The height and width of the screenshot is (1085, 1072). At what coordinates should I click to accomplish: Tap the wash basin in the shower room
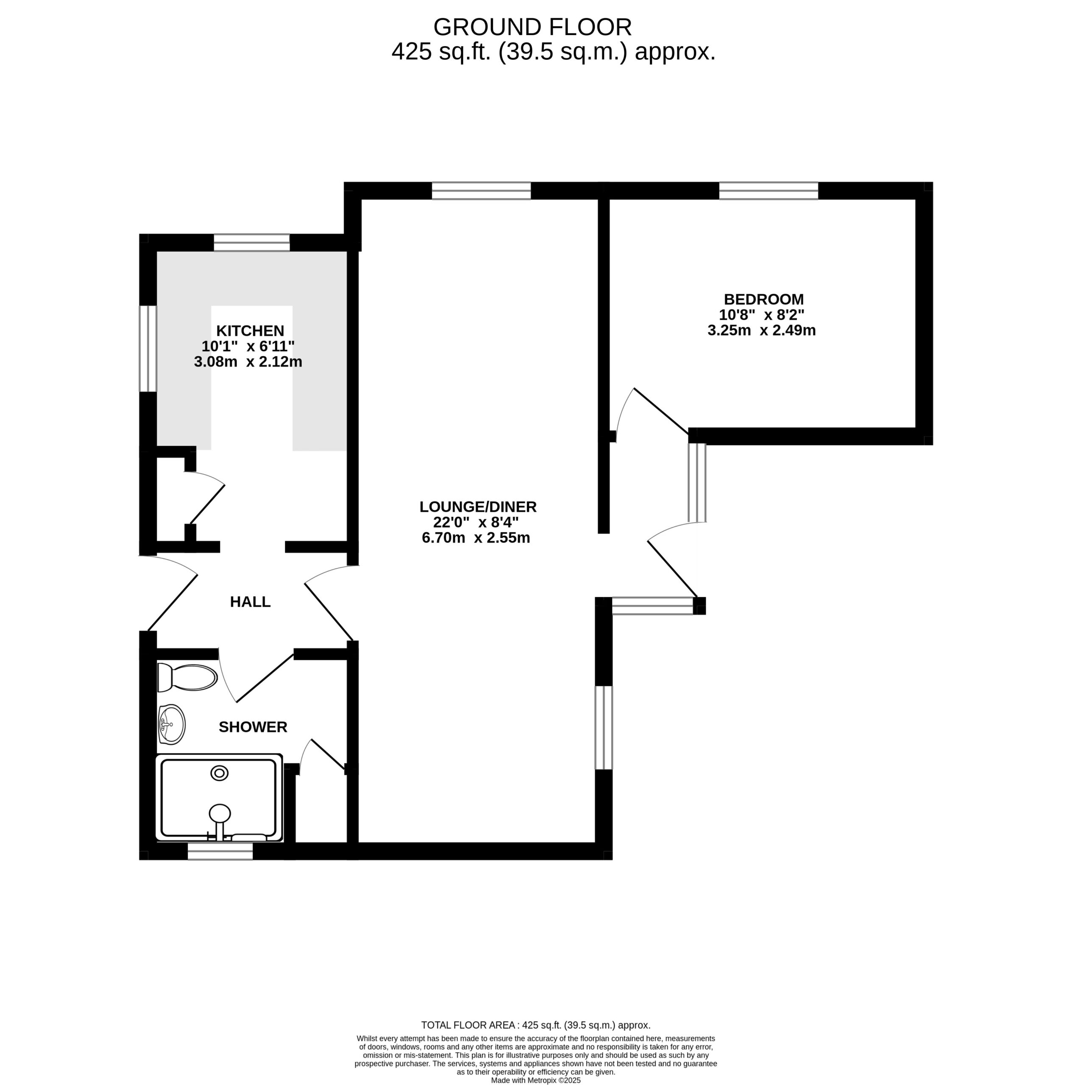[171, 724]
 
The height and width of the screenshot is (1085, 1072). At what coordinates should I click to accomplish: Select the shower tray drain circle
[219, 773]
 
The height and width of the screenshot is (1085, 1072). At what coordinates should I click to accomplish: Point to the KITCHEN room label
[250, 330]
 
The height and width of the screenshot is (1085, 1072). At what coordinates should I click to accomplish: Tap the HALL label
[250, 601]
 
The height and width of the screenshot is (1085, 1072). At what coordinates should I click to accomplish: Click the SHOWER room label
[253, 727]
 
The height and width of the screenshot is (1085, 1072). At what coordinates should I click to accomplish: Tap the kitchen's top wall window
[252, 242]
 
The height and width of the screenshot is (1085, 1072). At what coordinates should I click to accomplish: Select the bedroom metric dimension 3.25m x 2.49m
[761, 330]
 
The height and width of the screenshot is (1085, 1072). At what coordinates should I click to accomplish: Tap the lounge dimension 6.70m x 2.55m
[476, 537]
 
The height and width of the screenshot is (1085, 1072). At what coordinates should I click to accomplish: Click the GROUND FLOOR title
[532, 27]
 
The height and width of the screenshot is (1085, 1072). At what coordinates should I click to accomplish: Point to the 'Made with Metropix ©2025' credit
[536, 1080]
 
